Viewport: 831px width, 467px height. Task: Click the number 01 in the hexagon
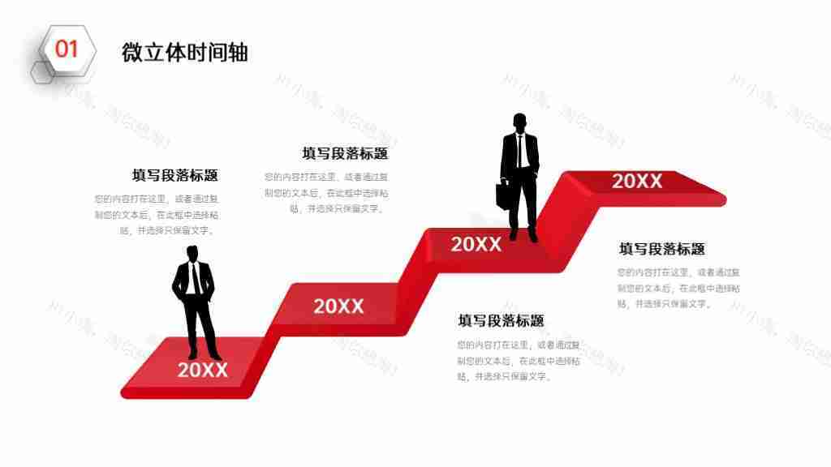tap(67, 49)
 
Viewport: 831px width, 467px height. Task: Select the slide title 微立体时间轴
tap(184, 53)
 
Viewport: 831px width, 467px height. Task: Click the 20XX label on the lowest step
tap(203, 371)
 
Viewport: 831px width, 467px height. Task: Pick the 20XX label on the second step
tap(338, 306)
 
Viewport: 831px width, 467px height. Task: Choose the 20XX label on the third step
tap(476, 244)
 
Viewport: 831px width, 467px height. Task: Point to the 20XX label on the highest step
tap(637, 182)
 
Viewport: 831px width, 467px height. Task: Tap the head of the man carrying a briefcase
tap(520, 122)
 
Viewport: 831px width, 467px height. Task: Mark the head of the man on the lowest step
tap(193, 252)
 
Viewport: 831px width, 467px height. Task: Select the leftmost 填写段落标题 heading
tap(175, 176)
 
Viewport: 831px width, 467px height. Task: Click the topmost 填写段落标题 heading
tap(345, 154)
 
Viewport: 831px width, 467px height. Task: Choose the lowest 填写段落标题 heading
tap(501, 321)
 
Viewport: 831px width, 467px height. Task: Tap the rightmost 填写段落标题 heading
tap(662, 249)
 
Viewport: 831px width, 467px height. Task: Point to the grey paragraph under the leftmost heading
tap(156, 214)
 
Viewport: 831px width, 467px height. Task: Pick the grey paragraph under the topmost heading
tap(326, 192)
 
